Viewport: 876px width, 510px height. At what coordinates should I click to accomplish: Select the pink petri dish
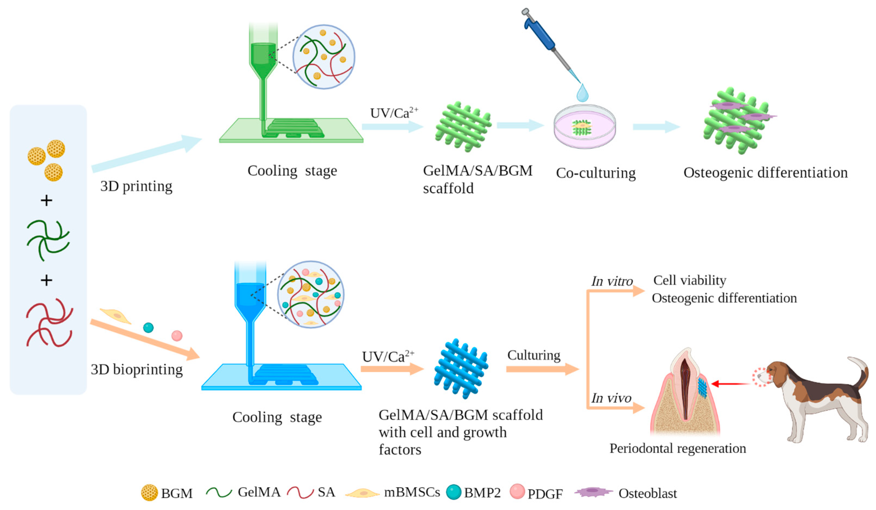(x=585, y=127)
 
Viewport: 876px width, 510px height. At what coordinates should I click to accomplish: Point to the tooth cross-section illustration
(x=685, y=393)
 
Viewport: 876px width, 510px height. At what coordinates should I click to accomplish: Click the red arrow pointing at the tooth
(x=730, y=384)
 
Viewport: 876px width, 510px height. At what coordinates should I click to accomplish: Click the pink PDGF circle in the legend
(x=517, y=492)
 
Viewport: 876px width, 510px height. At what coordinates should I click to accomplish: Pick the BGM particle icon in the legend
(x=149, y=493)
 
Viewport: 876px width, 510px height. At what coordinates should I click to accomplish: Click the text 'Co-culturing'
(x=595, y=173)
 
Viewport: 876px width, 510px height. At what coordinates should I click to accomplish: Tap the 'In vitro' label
(x=612, y=281)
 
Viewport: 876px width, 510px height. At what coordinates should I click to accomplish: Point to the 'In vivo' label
(x=611, y=398)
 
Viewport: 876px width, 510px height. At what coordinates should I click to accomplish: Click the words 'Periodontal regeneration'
(x=678, y=448)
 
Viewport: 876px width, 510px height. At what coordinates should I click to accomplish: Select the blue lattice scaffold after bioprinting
(x=461, y=369)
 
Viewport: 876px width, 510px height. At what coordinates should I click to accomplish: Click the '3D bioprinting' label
(x=137, y=370)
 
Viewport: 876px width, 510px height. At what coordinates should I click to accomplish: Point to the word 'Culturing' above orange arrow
(x=534, y=355)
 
